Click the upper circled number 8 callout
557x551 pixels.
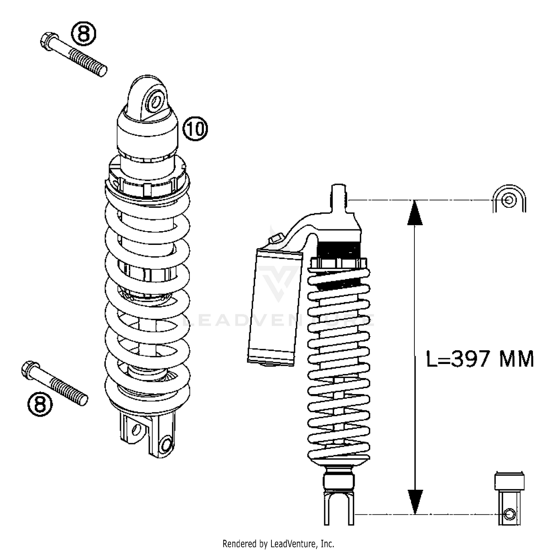[x=84, y=34]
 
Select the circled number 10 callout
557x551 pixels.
[x=195, y=129]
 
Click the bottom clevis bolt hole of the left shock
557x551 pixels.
[x=166, y=445]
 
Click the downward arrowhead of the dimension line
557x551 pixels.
[x=415, y=501]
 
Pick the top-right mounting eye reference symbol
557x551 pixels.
[x=509, y=199]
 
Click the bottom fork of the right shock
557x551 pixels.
[x=339, y=508]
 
